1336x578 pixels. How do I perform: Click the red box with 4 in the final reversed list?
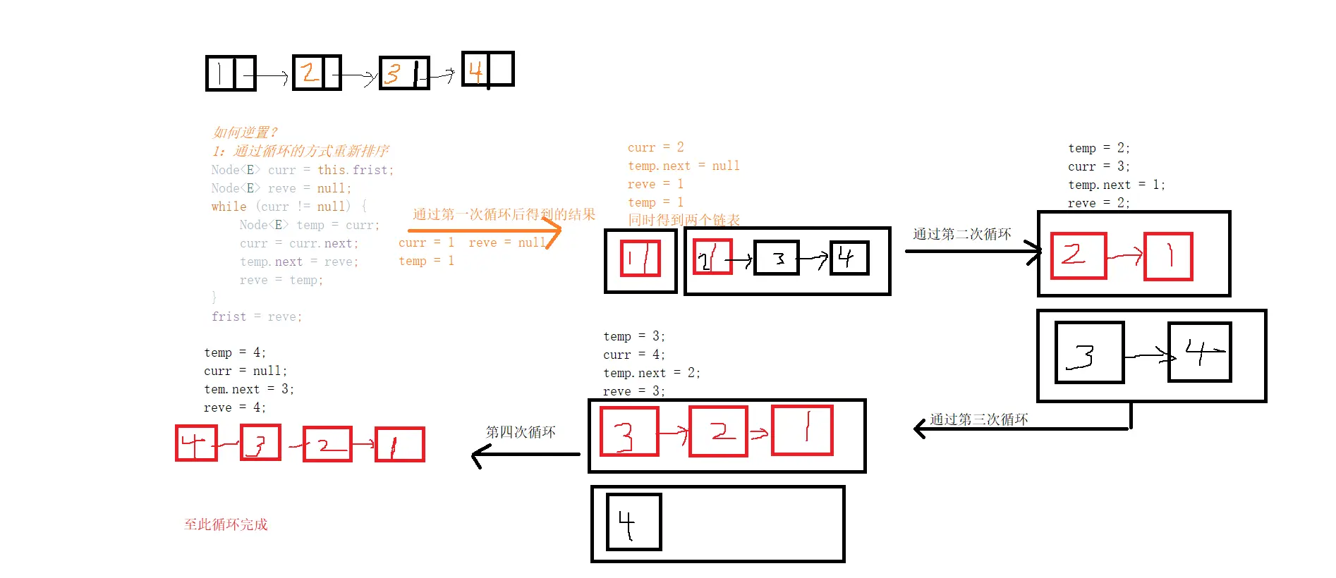tap(196, 443)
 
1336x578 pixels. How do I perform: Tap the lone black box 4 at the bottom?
tap(633, 522)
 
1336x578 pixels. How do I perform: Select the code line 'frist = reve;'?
tap(257, 317)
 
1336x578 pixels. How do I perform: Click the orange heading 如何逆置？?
tap(245, 133)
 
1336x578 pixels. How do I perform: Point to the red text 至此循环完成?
tap(226, 524)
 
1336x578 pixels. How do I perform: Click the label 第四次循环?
tap(521, 432)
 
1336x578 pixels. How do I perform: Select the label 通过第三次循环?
tap(978, 419)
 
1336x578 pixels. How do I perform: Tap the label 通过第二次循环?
tap(961, 234)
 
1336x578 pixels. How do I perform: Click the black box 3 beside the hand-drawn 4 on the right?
tap(1088, 352)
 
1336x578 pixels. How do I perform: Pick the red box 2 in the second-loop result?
tap(1078, 256)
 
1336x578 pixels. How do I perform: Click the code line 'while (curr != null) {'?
tap(289, 207)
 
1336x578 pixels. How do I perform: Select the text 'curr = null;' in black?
tap(245, 371)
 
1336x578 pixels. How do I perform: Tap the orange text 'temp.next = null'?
tap(684, 166)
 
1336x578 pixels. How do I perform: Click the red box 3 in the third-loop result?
tap(628, 431)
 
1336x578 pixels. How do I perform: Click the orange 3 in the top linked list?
tap(394, 73)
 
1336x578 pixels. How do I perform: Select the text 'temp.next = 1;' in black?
tap(1116, 185)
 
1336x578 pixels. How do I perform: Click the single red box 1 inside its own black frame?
tap(640, 259)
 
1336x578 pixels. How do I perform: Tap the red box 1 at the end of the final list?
tap(399, 444)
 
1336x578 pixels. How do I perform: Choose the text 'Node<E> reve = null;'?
tap(281, 188)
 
